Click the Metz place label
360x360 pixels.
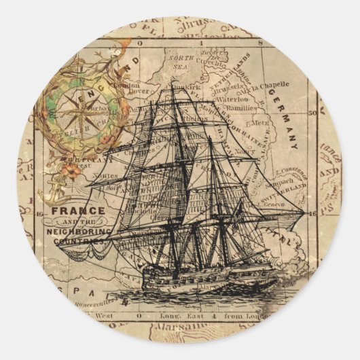[x=261, y=124]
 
